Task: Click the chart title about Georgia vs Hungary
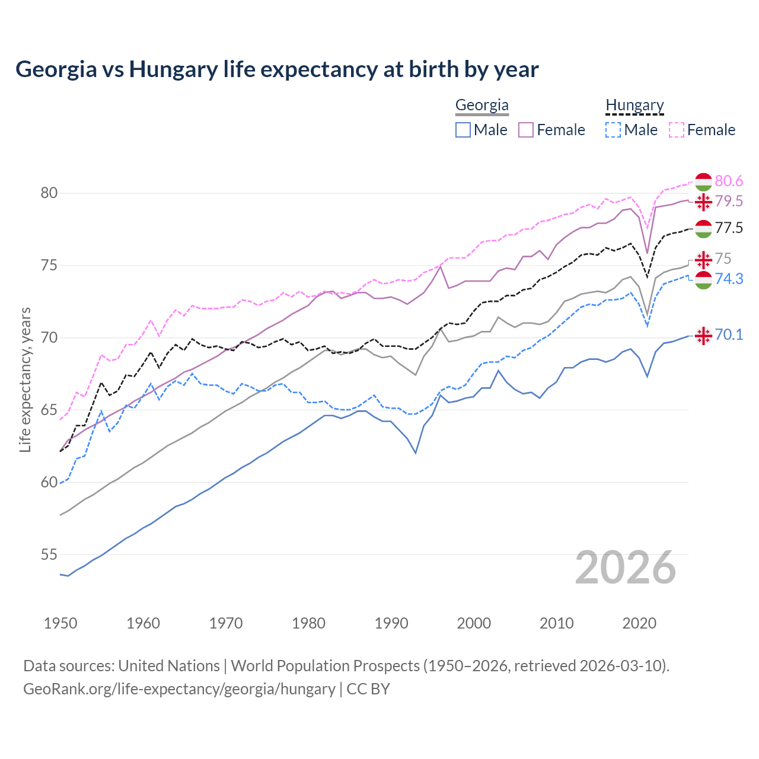coord(277,69)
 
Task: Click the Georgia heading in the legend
coord(481,106)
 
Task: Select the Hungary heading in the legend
coord(634,106)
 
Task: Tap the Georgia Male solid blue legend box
coord(463,130)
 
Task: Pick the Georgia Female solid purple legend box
coord(526,130)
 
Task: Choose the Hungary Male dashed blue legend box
coord(613,130)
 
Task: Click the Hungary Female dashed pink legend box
coord(677,130)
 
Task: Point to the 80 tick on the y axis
coord(49,193)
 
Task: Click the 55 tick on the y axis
coord(49,555)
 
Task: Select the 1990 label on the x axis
coord(391,623)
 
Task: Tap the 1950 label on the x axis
coord(60,623)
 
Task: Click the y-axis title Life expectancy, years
coord(25,379)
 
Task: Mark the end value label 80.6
coord(729,181)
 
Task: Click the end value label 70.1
coord(729,335)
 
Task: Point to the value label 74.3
coord(729,279)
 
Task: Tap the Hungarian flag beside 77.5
coord(703,228)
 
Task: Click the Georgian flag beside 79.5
coord(703,202)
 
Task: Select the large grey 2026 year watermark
coord(625,567)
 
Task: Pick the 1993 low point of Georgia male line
coord(416,453)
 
